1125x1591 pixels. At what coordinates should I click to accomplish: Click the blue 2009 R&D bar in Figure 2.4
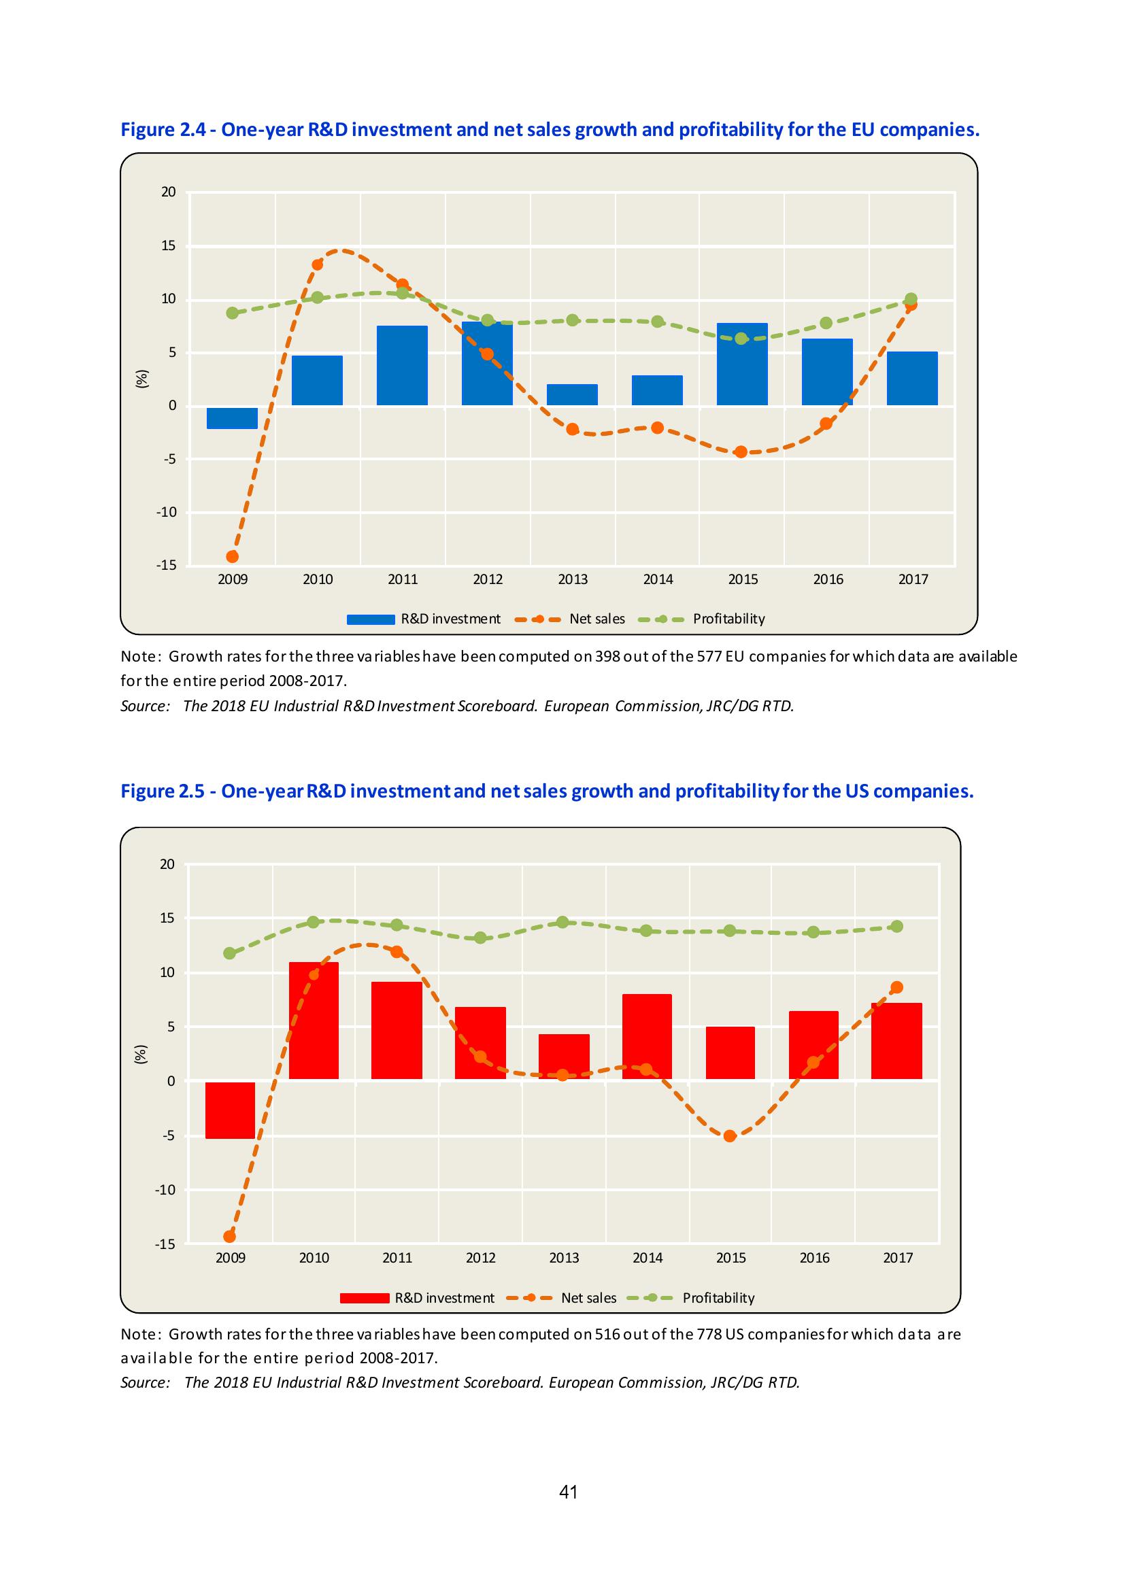tap(232, 418)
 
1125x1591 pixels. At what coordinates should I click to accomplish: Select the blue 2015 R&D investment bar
tap(742, 364)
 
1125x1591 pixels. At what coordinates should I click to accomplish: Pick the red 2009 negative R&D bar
tap(230, 1110)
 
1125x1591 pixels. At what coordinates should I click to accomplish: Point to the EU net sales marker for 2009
tap(232, 556)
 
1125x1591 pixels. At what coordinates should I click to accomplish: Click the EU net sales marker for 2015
tap(741, 451)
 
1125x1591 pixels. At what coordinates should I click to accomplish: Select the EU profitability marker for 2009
tap(232, 313)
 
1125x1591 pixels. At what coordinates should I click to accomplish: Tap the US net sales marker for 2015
tap(729, 1135)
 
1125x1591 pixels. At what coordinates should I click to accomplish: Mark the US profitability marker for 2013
tap(563, 923)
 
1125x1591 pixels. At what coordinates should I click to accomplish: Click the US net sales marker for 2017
tap(896, 987)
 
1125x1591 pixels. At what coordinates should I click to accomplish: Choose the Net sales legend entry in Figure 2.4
tap(571, 619)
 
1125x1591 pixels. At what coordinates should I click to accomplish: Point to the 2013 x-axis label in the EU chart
tap(573, 579)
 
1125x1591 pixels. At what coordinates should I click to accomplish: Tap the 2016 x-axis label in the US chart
tap(814, 1258)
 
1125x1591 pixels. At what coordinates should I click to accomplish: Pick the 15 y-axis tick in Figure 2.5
tap(167, 918)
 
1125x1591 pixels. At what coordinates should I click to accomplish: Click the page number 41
tap(569, 1491)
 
